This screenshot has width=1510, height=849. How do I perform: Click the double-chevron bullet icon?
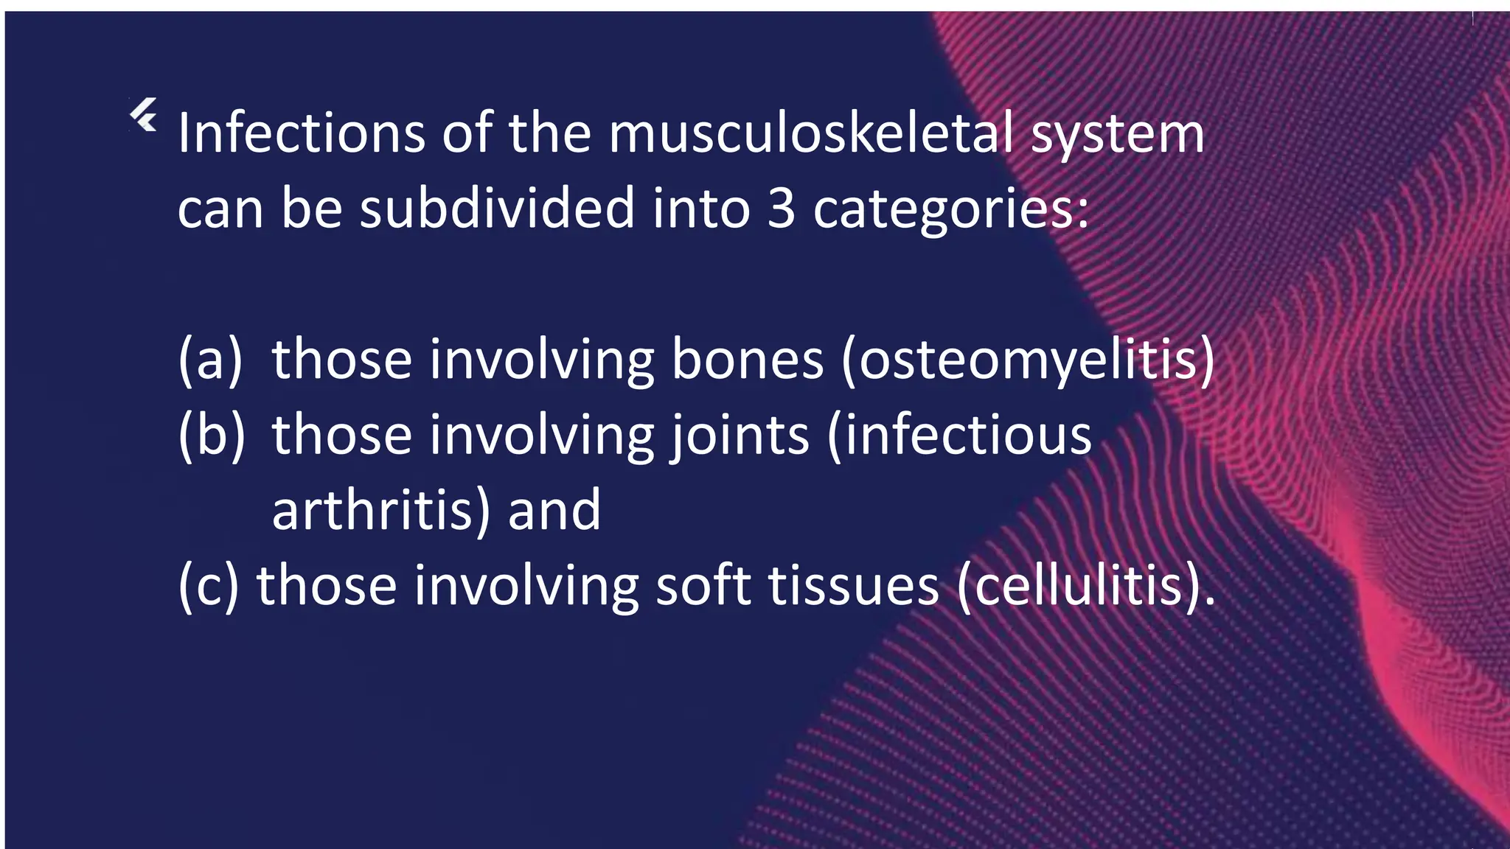pyautogui.click(x=144, y=115)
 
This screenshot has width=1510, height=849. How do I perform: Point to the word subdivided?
pyautogui.click(x=497, y=208)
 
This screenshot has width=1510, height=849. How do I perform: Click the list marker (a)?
pyautogui.click(x=210, y=360)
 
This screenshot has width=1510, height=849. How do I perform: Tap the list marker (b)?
pyautogui.click(x=211, y=436)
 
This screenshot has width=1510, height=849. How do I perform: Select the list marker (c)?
pyautogui.click(x=209, y=586)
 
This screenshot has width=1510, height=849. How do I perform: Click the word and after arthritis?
pyautogui.click(x=554, y=511)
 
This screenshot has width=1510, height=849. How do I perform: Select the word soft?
pyautogui.click(x=703, y=586)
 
